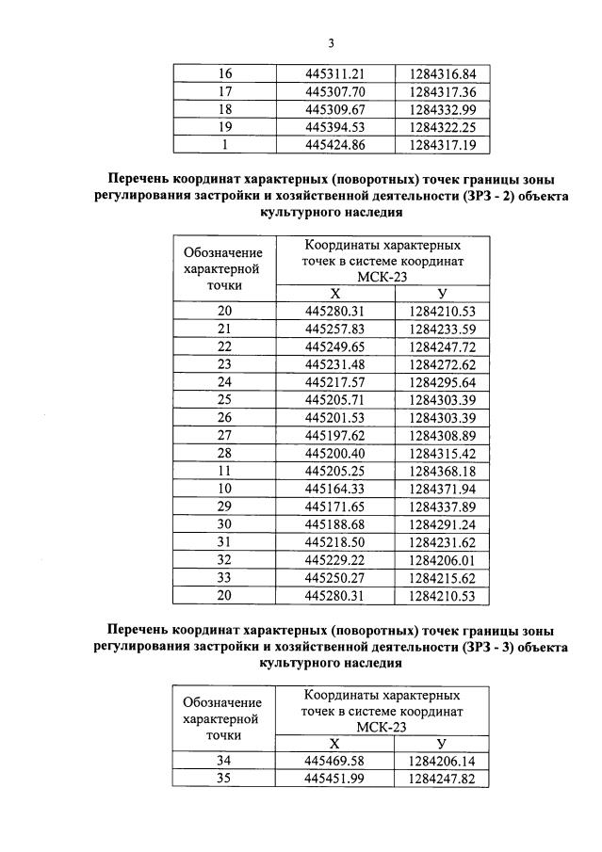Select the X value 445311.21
(334, 73)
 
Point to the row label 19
(224, 127)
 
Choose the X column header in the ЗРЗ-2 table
(334, 294)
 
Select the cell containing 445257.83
(334, 329)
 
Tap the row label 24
(224, 381)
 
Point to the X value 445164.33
(334, 489)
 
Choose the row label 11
(224, 471)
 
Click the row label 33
(224, 577)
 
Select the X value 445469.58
(334, 761)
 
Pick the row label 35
(224, 779)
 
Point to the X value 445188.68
(334, 524)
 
